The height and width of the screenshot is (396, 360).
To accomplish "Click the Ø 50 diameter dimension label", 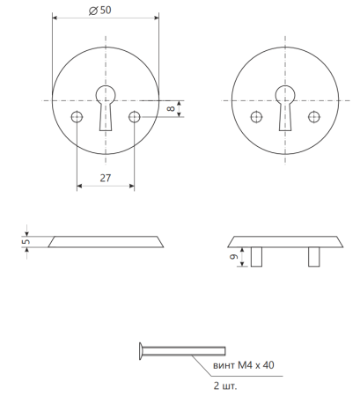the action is tap(99, 11).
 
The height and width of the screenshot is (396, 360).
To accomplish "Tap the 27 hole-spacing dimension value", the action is tap(106, 178).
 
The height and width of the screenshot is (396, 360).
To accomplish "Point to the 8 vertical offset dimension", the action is tap(171, 108).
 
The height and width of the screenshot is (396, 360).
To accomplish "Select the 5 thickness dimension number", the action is tap(26, 241).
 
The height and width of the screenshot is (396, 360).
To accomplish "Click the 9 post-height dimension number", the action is tap(234, 257).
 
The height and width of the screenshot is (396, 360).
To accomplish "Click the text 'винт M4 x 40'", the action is tap(244, 365).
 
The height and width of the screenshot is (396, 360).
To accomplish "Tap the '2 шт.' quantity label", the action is tap(225, 385).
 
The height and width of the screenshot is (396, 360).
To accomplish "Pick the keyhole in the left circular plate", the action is tap(106, 107).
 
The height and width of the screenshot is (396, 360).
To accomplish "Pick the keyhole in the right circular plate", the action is tap(285, 107).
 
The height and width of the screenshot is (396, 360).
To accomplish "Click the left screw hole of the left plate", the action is tap(77, 117).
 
